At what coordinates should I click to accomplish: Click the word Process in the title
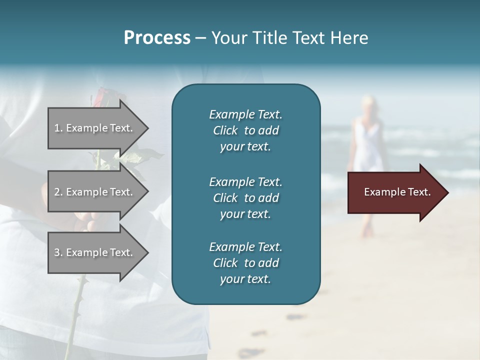[157, 38]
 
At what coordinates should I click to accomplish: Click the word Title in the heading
[271, 38]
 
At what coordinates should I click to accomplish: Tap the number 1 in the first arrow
[57, 128]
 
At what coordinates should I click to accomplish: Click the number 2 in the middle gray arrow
[57, 192]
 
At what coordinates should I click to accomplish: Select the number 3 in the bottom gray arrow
[57, 252]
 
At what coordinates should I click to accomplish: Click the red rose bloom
[99, 94]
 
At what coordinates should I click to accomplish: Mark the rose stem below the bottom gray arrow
[75, 310]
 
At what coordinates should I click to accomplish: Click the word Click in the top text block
[225, 130]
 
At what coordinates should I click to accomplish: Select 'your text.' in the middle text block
[245, 214]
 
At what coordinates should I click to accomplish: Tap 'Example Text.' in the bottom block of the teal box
[245, 246]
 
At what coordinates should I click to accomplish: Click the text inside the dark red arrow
[397, 192]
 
